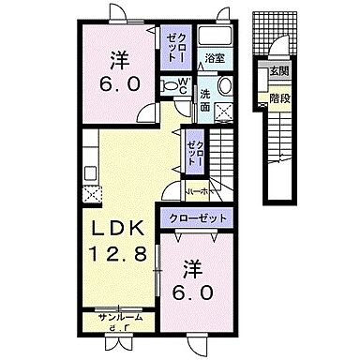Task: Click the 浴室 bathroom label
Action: (215, 58)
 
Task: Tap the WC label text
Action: (184, 84)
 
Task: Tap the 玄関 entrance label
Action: (279, 71)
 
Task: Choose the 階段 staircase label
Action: (279, 95)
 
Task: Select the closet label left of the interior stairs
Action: (193, 151)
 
